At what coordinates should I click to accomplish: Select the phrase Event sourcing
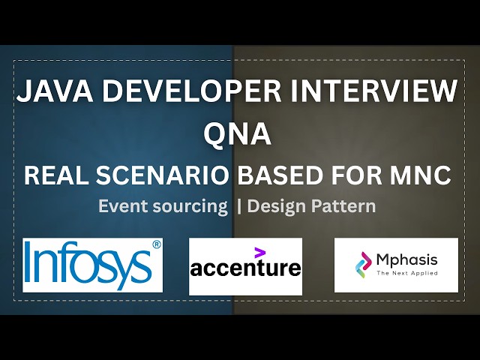coord(163,206)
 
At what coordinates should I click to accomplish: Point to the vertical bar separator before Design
coord(239,206)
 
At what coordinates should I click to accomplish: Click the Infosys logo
coord(93,265)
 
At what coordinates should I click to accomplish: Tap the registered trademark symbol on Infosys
coord(156,244)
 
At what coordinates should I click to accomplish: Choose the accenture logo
coord(245,266)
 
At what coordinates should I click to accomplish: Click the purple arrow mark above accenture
coord(259,252)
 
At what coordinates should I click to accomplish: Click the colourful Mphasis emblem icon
coord(362,265)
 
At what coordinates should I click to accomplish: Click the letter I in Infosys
coord(31,265)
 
